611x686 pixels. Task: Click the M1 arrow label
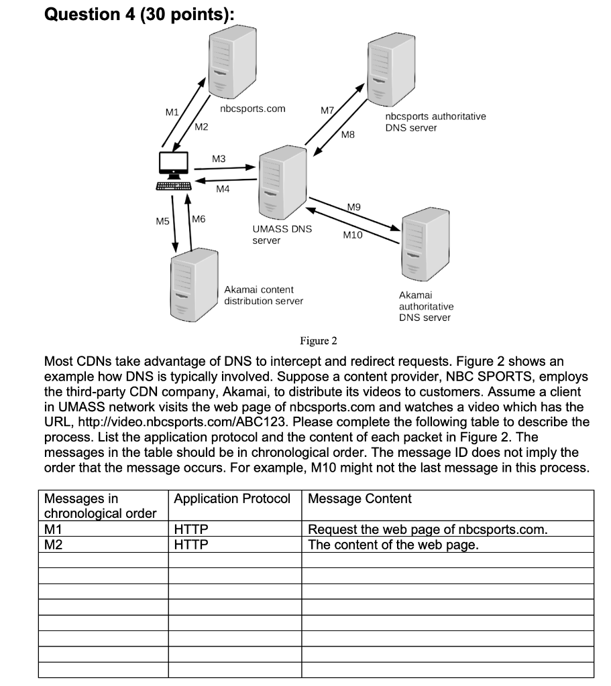tap(172, 113)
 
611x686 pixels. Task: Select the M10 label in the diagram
tap(352, 235)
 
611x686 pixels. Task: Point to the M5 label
tap(163, 220)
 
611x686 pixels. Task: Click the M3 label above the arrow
tap(219, 159)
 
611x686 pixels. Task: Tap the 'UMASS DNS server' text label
tap(282, 234)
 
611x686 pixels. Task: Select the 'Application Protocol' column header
tap(232, 499)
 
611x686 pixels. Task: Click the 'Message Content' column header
tap(359, 499)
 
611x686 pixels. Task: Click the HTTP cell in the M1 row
tap(191, 530)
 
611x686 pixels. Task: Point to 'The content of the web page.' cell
tap(393, 544)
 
